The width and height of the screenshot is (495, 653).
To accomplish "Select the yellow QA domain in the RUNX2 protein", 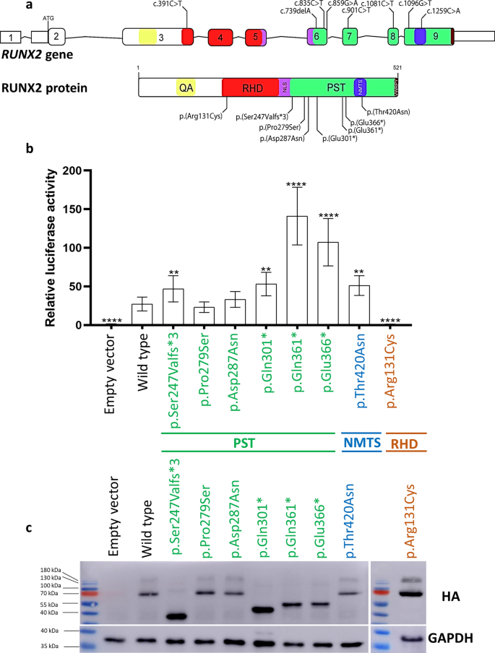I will click(x=186, y=87).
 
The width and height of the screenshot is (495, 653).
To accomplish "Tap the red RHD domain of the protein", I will click(x=252, y=87).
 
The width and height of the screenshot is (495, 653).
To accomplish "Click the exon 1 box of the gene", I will click(x=10, y=36).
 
